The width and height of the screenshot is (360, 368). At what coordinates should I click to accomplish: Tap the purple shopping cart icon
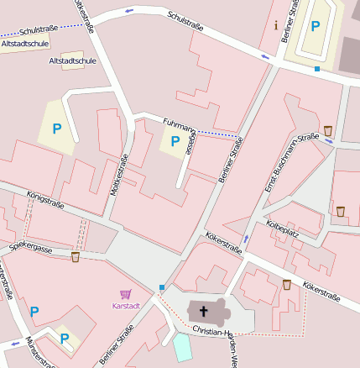pyautogui.click(x=125, y=294)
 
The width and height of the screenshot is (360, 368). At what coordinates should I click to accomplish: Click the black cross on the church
pyautogui.click(x=203, y=312)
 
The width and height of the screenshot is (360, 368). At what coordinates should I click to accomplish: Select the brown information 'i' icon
pyautogui.click(x=276, y=24)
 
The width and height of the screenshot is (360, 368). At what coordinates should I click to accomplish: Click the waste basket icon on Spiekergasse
pyautogui.click(x=76, y=256)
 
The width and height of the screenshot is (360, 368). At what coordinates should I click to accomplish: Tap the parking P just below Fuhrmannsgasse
pyautogui.click(x=175, y=141)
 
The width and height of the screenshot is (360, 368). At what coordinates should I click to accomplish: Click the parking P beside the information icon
pyautogui.click(x=316, y=26)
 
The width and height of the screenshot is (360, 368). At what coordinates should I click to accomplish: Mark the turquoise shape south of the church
pyautogui.click(x=182, y=347)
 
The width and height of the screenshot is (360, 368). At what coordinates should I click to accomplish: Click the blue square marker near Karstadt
pyautogui.click(x=162, y=288)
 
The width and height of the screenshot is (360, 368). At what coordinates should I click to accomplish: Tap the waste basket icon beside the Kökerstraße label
pyautogui.click(x=287, y=285)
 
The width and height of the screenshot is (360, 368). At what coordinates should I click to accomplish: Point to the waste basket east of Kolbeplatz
pyautogui.click(x=340, y=211)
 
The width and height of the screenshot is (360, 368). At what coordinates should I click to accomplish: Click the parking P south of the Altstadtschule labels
pyautogui.click(x=57, y=129)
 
